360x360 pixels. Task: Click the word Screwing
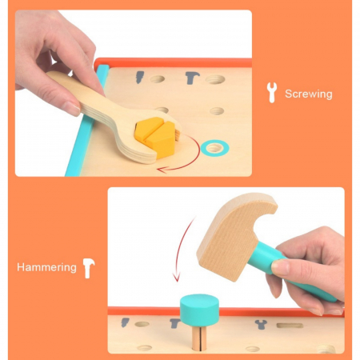[x=309, y=94]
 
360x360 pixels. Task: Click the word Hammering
[x=46, y=267]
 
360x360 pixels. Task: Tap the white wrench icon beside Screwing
[x=272, y=93]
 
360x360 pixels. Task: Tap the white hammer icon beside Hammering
[x=89, y=268]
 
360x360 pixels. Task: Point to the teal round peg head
[x=199, y=310]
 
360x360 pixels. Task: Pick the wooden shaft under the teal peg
[x=199, y=338]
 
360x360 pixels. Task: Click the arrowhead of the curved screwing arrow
[x=161, y=170]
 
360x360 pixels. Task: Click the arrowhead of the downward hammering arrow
[x=176, y=277]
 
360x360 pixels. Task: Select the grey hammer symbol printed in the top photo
[x=192, y=78]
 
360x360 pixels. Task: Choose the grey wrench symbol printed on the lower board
[x=261, y=324]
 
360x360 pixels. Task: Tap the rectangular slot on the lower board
[x=290, y=326]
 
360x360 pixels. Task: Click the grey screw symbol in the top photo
[x=139, y=77]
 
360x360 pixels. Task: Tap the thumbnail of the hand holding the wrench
[x=71, y=108]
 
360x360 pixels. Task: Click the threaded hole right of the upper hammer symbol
[x=215, y=79]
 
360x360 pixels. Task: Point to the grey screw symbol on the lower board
[x=125, y=322]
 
